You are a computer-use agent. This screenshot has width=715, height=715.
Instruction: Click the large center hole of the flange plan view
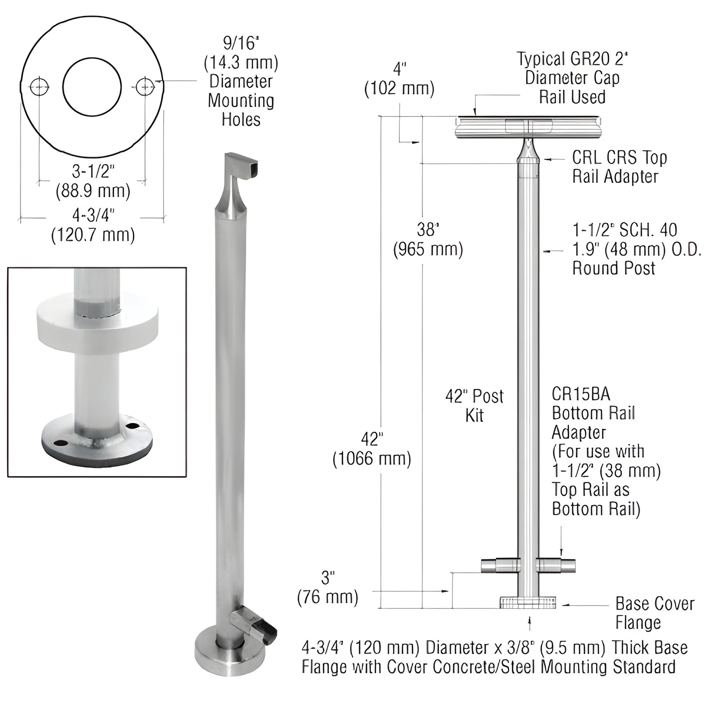92,87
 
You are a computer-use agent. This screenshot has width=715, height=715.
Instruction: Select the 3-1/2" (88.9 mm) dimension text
93,182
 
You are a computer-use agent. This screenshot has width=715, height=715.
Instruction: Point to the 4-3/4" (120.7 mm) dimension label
93,225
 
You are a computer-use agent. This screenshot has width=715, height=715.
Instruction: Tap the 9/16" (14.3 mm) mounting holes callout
241,82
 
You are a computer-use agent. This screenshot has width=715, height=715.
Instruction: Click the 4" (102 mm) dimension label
399,79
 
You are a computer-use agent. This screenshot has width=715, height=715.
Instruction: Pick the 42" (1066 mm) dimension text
372,449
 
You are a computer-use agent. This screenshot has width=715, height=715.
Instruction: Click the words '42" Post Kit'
474,406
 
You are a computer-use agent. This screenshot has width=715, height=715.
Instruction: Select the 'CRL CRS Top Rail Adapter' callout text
619,167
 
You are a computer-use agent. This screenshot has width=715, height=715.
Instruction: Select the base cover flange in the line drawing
528,603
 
